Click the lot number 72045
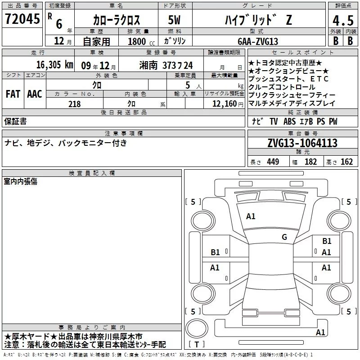coord(22,19)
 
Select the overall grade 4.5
coord(343,20)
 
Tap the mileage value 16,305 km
coord(54,65)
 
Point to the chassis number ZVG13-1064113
coord(302,143)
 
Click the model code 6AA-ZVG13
coord(258,41)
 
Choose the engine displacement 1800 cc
coord(141,41)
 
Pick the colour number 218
coord(74,104)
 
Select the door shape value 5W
coord(174,20)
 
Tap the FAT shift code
coord(13,94)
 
